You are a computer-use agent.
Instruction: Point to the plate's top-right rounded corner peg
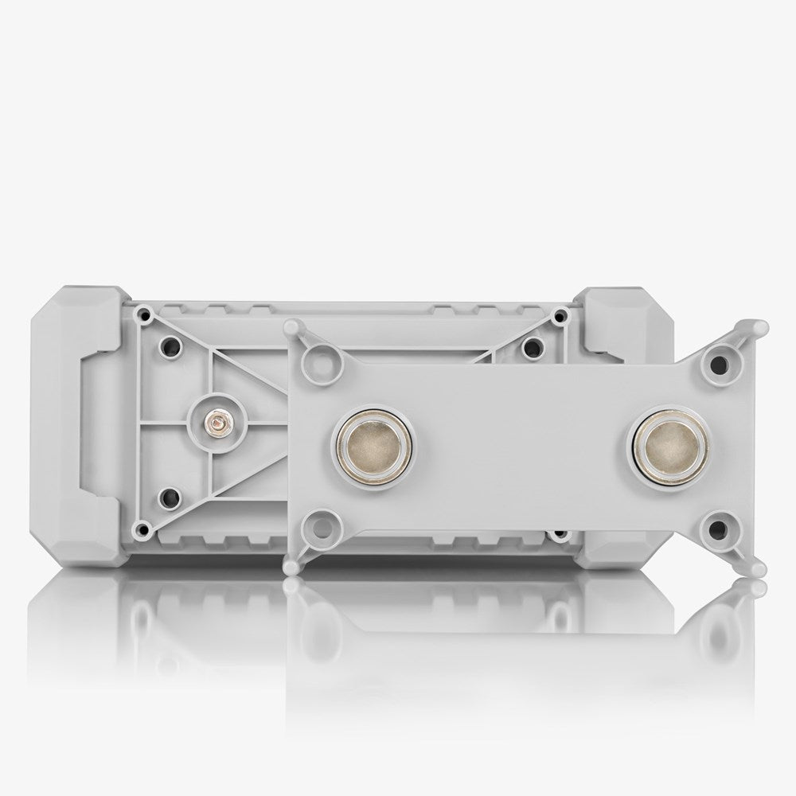758,328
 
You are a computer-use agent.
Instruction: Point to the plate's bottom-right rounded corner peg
757,568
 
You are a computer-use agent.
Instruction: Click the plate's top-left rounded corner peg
293,326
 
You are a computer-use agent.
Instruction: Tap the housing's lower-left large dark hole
168,497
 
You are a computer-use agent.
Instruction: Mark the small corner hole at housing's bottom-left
142,528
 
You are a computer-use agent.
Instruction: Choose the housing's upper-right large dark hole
533,345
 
